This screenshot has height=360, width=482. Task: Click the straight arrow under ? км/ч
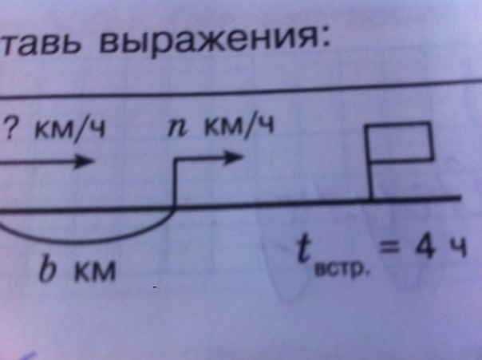(x=48, y=162)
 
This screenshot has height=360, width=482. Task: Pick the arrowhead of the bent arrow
(x=232, y=156)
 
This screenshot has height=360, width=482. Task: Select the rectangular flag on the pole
(x=403, y=141)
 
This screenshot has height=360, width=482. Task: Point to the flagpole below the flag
(x=373, y=180)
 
